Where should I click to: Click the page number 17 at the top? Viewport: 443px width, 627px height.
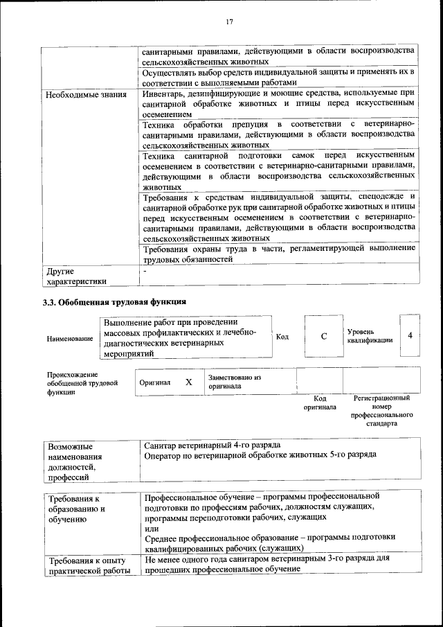point(229,21)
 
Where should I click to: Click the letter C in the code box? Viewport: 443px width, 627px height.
point(323,336)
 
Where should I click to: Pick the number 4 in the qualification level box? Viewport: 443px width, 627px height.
point(410,335)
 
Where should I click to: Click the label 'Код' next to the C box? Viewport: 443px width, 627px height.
point(282,337)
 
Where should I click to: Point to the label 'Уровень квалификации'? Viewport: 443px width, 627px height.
point(370,336)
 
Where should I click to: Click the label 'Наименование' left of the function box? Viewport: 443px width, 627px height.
point(70,338)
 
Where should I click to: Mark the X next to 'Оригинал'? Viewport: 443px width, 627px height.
point(188,382)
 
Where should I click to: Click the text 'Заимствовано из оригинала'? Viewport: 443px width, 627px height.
point(235,382)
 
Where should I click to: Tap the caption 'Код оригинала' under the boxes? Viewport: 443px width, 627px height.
point(319,403)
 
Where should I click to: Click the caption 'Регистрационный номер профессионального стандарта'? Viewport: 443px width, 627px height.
point(381,410)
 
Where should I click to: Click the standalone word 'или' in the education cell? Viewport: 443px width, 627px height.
point(152,529)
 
